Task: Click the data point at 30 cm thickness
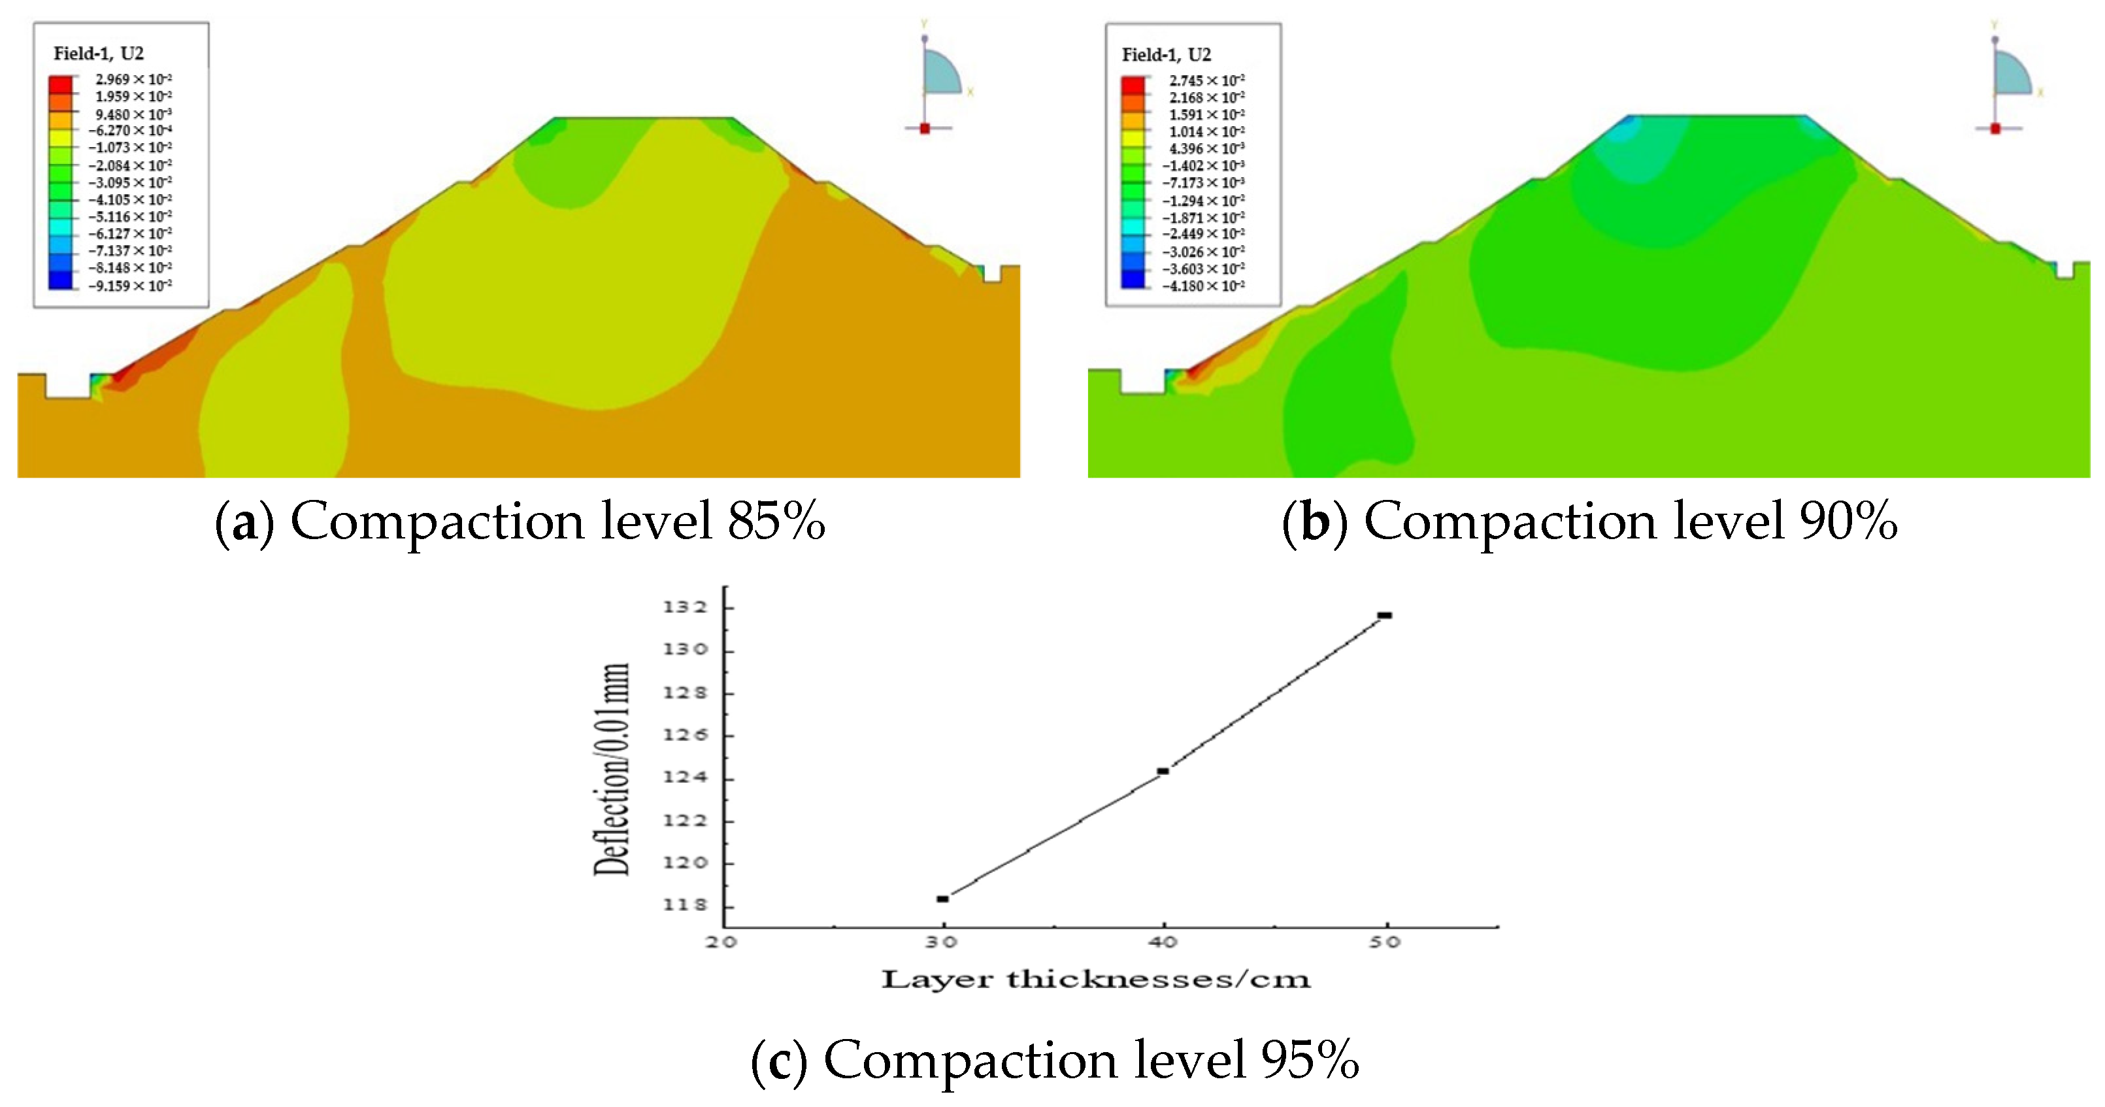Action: [x=942, y=899]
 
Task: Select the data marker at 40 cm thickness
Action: [x=1163, y=770]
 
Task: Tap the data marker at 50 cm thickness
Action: [x=1384, y=615]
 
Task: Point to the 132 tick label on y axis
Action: [x=685, y=607]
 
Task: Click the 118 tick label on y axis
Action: [x=685, y=905]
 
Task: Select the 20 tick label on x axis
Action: [x=721, y=942]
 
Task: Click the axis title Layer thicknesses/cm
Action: [x=1096, y=979]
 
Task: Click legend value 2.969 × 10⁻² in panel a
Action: [x=133, y=79]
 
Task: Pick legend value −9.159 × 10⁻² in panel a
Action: [x=131, y=285]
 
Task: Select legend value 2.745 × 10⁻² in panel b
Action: [x=1206, y=80]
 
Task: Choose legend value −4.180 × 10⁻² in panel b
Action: [x=1203, y=286]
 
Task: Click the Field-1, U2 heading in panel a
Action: [x=99, y=53]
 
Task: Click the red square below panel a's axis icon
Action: [x=925, y=128]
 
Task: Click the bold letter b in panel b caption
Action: [x=1315, y=522]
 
